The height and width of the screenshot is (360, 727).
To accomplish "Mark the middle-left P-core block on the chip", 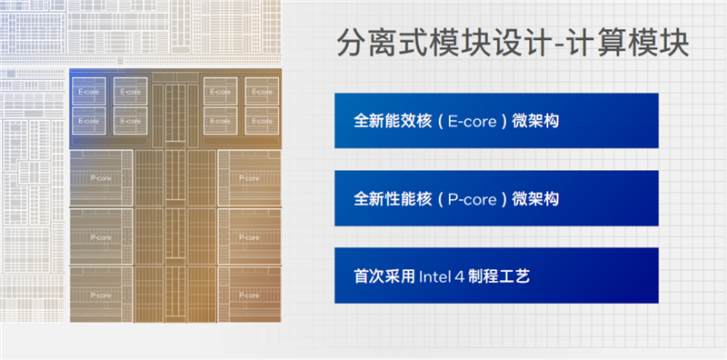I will coord(100,237).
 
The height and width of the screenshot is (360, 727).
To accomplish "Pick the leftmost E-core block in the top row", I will coord(89,92).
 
